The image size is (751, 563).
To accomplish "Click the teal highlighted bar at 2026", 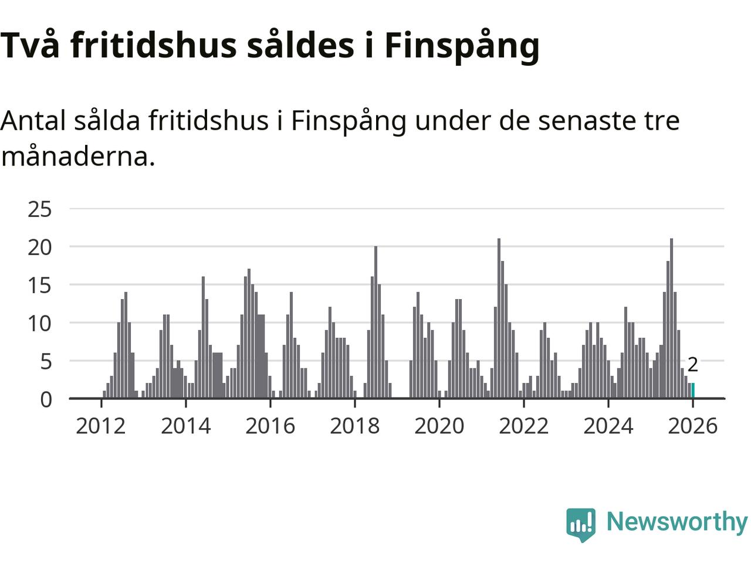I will click(x=693, y=391).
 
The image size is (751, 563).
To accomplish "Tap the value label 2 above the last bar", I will click(x=692, y=365).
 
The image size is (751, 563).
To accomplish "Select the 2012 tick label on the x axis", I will click(x=101, y=426).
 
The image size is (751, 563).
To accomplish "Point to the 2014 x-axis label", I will click(x=185, y=426).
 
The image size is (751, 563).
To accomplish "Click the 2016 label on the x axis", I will click(x=270, y=426).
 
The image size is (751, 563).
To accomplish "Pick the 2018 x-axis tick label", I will click(x=354, y=426).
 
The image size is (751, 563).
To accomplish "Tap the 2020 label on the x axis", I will click(x=439, y=426).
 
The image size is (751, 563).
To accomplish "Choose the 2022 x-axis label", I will click(x=523, y=426).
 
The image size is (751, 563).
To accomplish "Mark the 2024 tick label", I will click(x=608, y=426).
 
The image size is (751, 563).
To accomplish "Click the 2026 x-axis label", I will click(x=692, y=426).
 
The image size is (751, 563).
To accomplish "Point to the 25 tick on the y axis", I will click(x=40, y=209).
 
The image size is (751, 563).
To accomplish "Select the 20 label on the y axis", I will click(x=40, y=247).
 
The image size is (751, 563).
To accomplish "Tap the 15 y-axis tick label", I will click(x=40, y=286).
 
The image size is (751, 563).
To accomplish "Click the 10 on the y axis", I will click(x=40, y=324).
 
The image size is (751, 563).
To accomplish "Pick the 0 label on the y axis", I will click(x=46, y=400).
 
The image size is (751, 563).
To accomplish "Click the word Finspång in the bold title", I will click(x=462, y=45).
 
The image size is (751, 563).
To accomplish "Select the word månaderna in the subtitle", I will click(x=77, y=156).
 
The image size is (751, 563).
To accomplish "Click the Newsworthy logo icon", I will click(x=581, y=524).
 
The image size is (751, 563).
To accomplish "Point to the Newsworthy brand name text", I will click(x=676, y=521).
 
